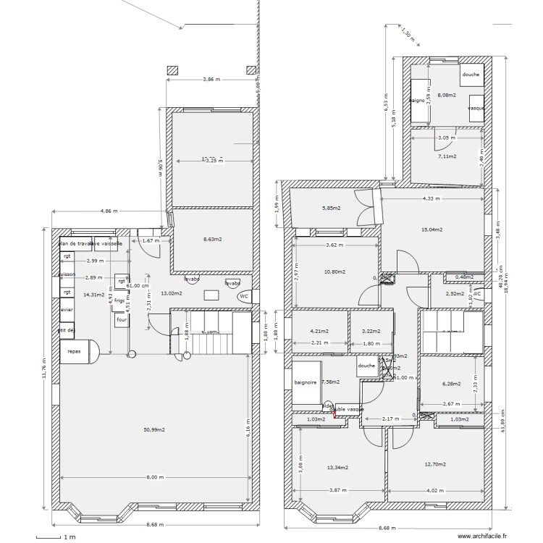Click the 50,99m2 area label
[x=153, y=429]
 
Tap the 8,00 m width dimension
[x=155, y=477]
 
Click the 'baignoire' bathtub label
[x=306, y=382]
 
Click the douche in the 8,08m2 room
[x=471, y=75]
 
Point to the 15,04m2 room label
[x=432, y=230]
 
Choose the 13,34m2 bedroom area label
[x=337, y=467]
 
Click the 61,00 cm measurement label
[x=137, y=285]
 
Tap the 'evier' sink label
[x=67, y=309]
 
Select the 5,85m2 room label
[x=331, y=209]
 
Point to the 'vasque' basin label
[x=476, y=108]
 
